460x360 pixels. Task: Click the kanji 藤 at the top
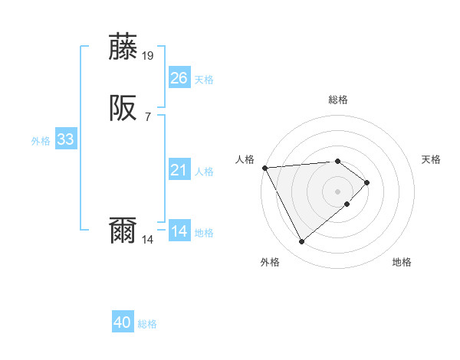pyautogui.click(x=124, y=47)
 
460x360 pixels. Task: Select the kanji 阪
pyautogui.click(x=124, y=110)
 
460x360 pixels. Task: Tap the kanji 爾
pyautogui.click(x=124, y=231)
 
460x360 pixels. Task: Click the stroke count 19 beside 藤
pyautogui.click(x=148, y=55)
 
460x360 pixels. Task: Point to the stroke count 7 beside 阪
pyautogui.click(x=147, y=116)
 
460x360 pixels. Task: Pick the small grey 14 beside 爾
pyautogui.click(x=148, y=239)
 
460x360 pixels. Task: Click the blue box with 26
pyautogui.click(x=179, y=78)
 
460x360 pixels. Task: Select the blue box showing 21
pyautogui.click(x=179, y=170)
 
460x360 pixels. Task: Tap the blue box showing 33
pyautogui.click(x=65, y=139)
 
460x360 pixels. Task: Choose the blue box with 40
pyautogui.click(x=123, y=323)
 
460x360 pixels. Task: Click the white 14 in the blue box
pyautogui.click(x=179, y=231)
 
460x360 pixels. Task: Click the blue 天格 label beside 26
pyautogui.click(x=204, y=80)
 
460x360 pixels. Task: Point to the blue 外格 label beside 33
pyautogui.click(x=41, y=141)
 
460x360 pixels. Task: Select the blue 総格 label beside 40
pyautogui.click(x=147, y=325)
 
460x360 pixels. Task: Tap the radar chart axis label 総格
pyautogui.click(x=337, y=100)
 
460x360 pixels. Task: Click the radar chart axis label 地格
pyautogui.click(x=402, y=262)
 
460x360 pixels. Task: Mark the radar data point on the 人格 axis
pyautogui.click(x=264, y=167)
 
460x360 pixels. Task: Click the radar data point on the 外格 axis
pyautogui.click(x=301, y=242)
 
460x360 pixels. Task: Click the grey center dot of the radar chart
pyautogui.click(x=337, y=191)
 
